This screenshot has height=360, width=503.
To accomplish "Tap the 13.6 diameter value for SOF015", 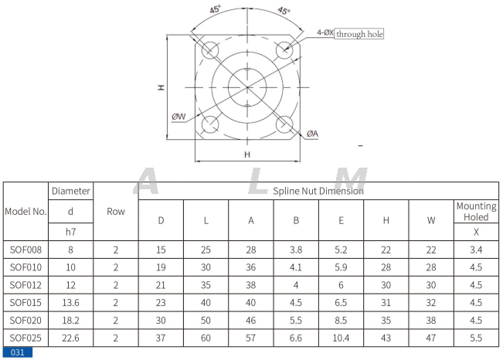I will coord(71,302).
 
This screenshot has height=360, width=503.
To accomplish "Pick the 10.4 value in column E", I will coord(341,337).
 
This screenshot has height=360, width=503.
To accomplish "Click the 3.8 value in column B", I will coord(296,250).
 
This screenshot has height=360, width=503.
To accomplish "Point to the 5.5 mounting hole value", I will coord(476,337).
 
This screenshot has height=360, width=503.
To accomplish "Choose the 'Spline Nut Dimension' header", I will coord(318,190).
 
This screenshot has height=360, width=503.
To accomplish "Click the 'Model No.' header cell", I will coord(26,211).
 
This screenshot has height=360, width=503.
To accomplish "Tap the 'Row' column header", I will coord(116,211).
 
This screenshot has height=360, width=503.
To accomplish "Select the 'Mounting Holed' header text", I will coord(476,212).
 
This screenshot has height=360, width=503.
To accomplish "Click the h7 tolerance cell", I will coord(71,231).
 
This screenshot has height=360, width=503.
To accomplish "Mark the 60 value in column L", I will coord(206,337).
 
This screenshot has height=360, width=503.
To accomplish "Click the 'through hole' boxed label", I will coord(359,34).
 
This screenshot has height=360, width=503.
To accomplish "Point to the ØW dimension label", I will coord(179,117).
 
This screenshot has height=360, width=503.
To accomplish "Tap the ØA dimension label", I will coord(312,134).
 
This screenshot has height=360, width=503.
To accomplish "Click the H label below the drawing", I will coord(247,155).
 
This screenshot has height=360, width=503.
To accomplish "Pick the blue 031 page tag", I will coord(17,353).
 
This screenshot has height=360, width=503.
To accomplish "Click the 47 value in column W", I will coord(431,337).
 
